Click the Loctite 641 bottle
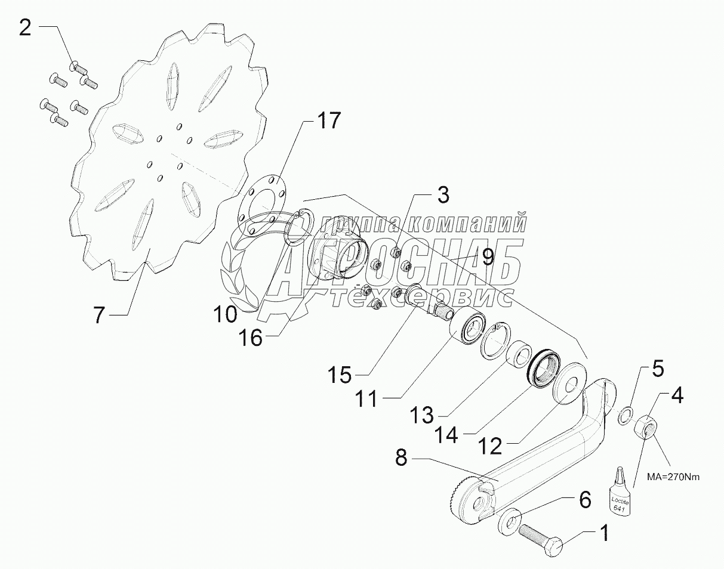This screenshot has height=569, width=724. point(619,492)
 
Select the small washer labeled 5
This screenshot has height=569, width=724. point(624,414)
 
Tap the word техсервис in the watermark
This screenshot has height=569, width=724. point(421,296)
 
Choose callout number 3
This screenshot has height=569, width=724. point(442,195)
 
